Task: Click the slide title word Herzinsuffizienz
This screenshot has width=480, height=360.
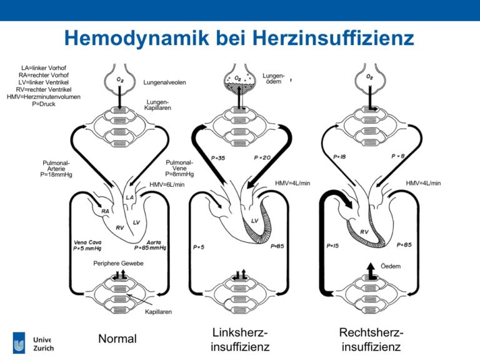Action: click(333, 37)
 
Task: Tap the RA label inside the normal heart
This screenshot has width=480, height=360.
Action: click(105, 211)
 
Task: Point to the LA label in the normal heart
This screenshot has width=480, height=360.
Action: click(129, 197)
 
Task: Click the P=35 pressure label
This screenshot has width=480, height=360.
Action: click(218, 158)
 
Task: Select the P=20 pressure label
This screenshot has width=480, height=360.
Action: click(262, 157)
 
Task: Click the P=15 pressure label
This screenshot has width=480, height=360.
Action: click(332, 246)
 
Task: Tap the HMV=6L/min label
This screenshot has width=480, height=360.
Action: click(167, 184)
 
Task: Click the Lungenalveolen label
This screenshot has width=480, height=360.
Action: click(165, 82)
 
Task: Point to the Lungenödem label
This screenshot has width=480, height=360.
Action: click(273, 78)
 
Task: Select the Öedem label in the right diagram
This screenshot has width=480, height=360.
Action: click(391, 266)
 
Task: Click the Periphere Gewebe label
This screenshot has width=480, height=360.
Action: click(118, 263)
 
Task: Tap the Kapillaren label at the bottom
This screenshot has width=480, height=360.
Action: click(158, 312)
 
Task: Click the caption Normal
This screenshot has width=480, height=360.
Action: click(117, 339)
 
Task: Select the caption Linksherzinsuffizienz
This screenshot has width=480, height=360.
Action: click(240, 339)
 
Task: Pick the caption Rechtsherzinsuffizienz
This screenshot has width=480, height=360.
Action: click(371, 339)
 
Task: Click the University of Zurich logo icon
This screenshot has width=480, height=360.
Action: click(19, 343)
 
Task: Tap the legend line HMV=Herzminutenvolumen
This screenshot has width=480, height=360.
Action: click(44, 97)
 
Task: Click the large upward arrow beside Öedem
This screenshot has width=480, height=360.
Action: click(371, 271)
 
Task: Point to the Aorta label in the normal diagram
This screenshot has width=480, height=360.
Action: click(154, 242)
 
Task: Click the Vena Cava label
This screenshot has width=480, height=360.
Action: click(87, 242)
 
